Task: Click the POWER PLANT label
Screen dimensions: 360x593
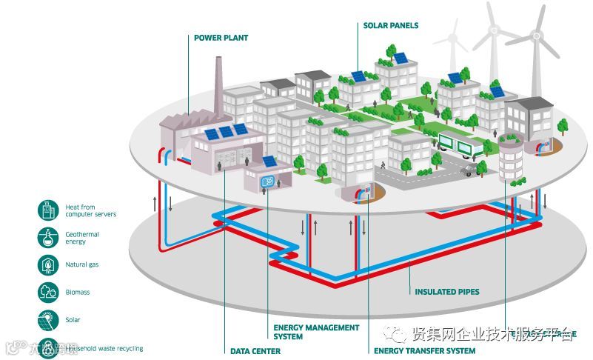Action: pyautogui.click(x=221, y=38)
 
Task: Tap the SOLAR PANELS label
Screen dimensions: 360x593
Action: pyautogui.click(x=390, y=25)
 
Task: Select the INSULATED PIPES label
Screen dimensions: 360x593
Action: pyautogui.click(x=446, y=292)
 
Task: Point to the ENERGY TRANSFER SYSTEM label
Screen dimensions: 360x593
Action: pyautogui.click(x=424, y=351)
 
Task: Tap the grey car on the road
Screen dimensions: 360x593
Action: pyautogui.click(x=468, y=171)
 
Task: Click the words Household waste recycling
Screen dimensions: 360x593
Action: pyautogui.click(x=104, y=347)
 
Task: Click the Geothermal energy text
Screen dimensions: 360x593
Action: pyautogui.click(x=82, y=237)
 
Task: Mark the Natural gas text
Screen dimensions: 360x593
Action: pyautogui.click(x=82, y=264)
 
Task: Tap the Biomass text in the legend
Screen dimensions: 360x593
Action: pyautogui.click(x=78, y=292)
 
